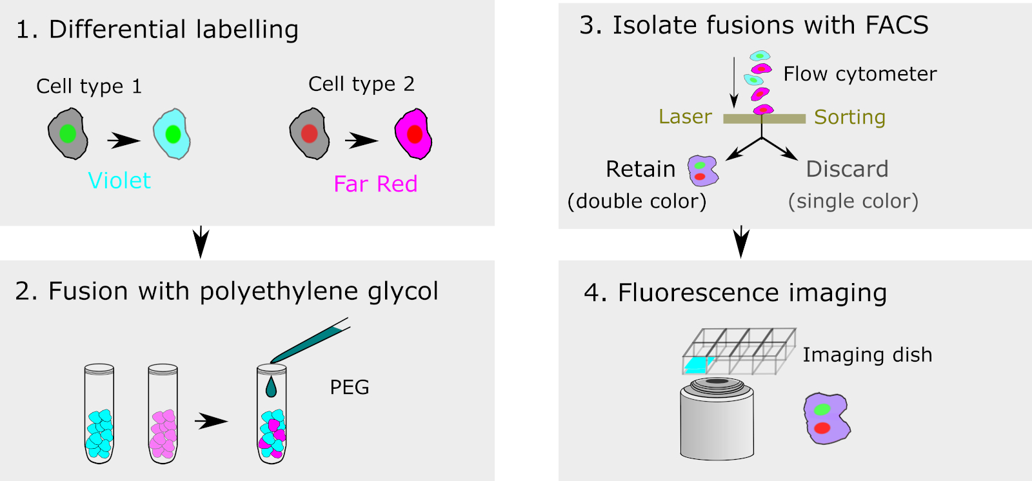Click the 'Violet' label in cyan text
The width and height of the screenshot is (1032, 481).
[x=119, y=181]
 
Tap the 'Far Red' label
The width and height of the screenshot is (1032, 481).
[x=375, y=184]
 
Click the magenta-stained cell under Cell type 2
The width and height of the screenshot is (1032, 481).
[x=413, y=134]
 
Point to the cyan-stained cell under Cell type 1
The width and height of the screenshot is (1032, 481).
[x=172, y=134]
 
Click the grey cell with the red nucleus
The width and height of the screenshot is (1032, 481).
[x=310, y=134]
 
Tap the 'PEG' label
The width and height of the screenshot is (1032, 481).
[x=350, y=388]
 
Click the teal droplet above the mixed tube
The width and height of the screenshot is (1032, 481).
[x=271, y=387]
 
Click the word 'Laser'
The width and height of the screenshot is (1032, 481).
[x=685, y=117]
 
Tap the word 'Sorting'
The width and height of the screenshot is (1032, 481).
[x=849, y=117]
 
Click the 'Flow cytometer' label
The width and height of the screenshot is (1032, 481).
[x=860, y=74]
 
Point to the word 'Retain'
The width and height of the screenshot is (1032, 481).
[x=640, y=169]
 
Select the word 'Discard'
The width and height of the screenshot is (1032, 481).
[x=847, y=169]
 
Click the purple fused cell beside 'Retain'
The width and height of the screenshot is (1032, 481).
[x=702, y=171]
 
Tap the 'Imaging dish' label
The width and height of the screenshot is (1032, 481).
[x=868, y=355]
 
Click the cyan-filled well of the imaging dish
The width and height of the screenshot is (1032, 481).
[x=696, y=366]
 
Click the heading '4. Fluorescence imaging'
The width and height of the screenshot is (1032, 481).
[x=735, y=293]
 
